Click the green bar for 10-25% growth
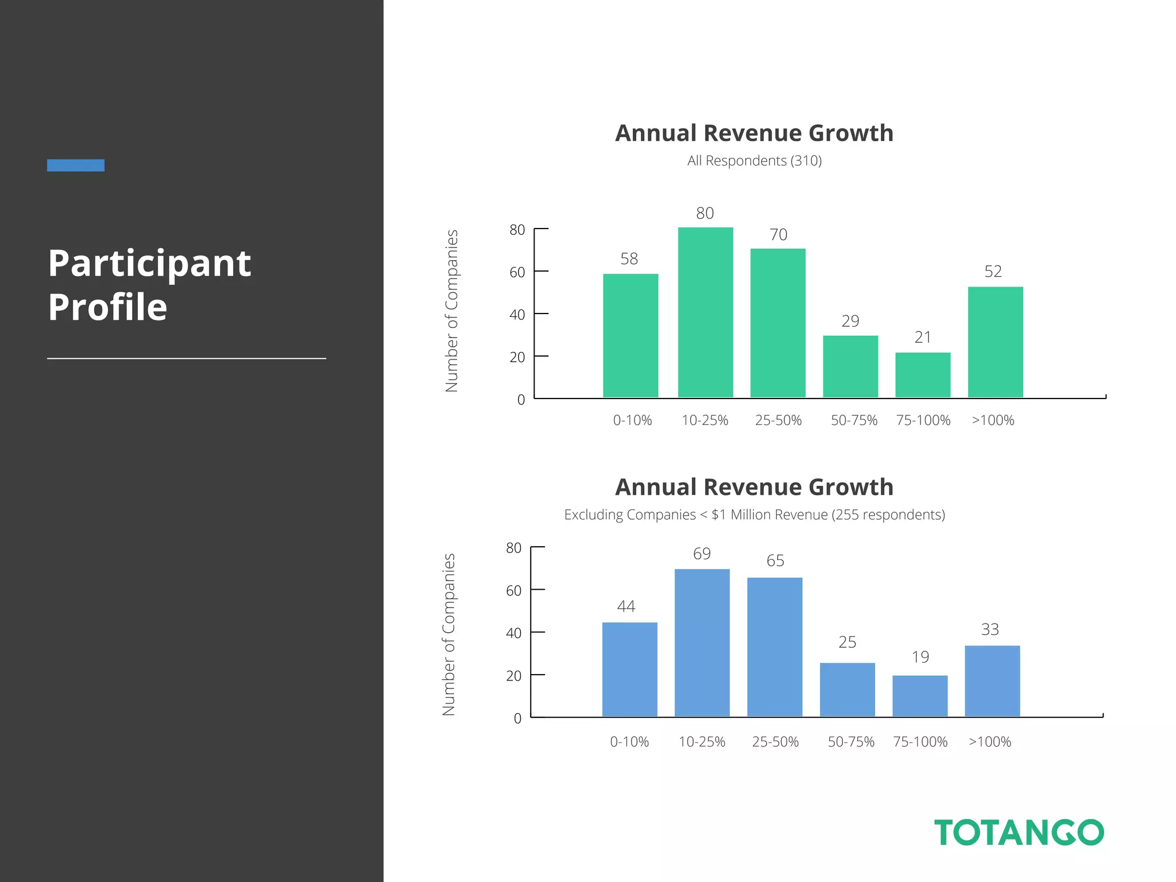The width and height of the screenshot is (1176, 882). (705, 312)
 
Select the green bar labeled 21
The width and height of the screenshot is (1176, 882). (923, 375)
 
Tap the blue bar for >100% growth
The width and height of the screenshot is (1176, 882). (992, 681)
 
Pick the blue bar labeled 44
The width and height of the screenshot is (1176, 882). (629, 670)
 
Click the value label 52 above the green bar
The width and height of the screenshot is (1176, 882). (993, 272)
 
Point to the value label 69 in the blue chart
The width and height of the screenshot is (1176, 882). (702, 554)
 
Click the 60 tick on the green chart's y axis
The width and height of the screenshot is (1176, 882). (517, 272)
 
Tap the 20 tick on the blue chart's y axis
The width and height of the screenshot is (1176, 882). (514, 676)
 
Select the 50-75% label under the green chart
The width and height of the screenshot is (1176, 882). (854, 420)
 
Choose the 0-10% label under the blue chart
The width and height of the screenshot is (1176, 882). (629, 742)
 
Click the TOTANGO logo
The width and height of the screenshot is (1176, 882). (1019, 833)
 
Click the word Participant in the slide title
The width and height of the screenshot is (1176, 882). (149, 264)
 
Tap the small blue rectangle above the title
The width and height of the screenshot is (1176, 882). (76, 165)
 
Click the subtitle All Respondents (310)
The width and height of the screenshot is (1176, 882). (754, 161)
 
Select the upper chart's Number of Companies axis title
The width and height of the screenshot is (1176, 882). (452, 311)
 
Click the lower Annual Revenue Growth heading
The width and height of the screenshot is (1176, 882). (754, 487)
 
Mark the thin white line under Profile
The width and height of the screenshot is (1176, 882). (187, 358)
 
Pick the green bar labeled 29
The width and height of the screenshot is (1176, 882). (850, 366)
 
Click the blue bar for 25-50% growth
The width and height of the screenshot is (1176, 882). (775, 647)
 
